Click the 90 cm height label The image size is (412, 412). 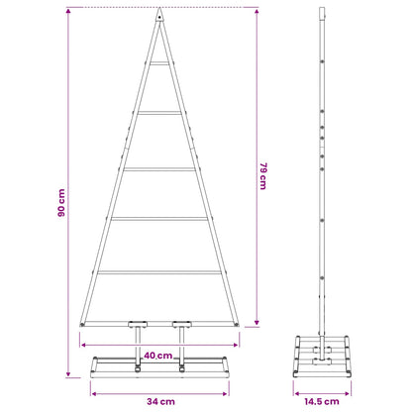(61, 203)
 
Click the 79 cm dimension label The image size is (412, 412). (263, 176)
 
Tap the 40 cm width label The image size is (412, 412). (158, 356)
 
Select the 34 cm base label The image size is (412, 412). (160, 402)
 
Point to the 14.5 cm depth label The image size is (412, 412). (322, 402)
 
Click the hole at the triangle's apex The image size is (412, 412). (159, 17)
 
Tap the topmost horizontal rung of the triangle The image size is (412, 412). (159, 63)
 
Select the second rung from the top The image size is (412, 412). (159, 113)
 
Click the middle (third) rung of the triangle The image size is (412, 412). (159, 169)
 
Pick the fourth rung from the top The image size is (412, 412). (159, 219)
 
